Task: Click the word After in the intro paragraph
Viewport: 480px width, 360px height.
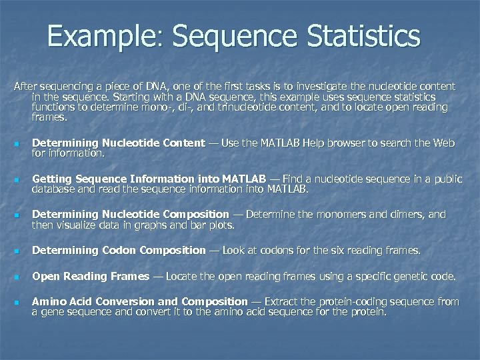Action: tap(26, 87)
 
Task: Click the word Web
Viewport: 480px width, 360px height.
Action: tap(443, 143)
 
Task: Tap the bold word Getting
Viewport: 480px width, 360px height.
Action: tap(52, 179)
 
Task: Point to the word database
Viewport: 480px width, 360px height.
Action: tap(55, 189)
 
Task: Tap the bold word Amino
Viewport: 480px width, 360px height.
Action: tap(48, 301)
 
